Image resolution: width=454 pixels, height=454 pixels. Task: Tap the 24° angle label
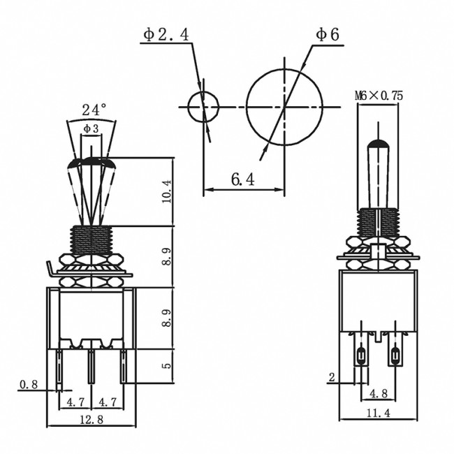click(94, 110)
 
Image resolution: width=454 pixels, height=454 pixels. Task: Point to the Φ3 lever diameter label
click(91, 129)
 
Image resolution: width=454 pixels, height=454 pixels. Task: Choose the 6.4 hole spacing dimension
click(242, 180)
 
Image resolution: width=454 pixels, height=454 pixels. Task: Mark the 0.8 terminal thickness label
click(29, 383)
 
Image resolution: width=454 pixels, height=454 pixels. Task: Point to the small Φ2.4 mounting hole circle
click(203, 107)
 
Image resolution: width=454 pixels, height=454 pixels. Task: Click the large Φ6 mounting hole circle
click(285, 107)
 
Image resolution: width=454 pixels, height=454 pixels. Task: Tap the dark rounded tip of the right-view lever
click(379, 145)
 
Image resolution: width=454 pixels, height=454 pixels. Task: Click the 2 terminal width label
click(333, 377)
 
